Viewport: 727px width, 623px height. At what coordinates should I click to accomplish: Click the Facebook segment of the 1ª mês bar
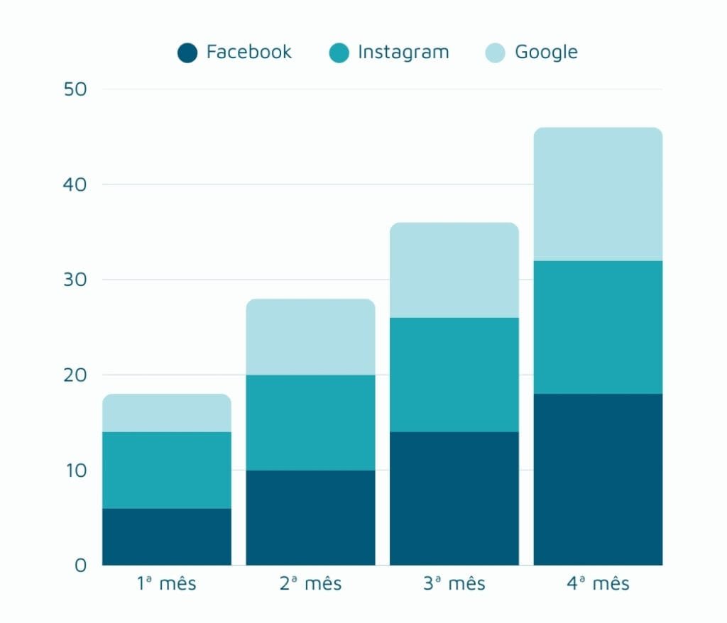[167, 536]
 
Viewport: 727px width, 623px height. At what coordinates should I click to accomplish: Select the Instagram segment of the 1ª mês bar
[167, 470]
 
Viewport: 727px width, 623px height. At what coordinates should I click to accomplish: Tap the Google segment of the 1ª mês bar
[167, 413]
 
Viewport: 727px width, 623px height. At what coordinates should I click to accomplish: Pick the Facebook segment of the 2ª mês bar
[310, 517]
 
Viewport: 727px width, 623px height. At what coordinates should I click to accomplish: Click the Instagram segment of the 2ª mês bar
[310, 422]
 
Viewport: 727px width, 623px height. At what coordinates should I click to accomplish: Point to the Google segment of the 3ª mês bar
[454, 270]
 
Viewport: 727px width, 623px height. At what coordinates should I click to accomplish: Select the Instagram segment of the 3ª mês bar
[454, 375]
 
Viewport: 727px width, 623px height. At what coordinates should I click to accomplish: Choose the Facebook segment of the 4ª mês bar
[598, 479]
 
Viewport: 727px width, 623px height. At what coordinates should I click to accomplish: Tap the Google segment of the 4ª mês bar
[598, 194]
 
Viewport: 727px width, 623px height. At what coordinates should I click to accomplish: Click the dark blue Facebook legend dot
[187, 53]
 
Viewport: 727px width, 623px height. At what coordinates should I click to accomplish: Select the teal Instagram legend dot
[339, 53]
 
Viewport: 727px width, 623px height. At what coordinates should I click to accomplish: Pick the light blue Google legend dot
[496, 53]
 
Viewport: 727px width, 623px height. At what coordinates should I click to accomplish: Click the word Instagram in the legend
[403, 52]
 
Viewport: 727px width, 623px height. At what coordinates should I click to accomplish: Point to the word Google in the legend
[546, 53]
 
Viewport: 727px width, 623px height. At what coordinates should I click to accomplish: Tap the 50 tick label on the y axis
[75, 89]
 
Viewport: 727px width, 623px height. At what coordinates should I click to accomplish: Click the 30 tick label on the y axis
[75, 280]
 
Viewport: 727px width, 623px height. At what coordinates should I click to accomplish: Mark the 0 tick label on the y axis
[80, 566]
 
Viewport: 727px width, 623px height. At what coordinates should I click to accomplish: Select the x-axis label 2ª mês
[310, 584]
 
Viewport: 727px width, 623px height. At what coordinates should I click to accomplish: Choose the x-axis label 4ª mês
[598, 584]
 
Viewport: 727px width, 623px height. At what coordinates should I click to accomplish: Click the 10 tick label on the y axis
[75, 470]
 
